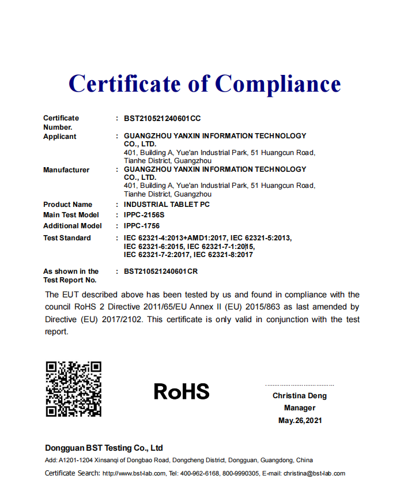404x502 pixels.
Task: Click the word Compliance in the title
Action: point(278,84)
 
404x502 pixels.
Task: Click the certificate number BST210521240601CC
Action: point(163,118)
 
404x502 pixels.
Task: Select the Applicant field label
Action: point(60,137)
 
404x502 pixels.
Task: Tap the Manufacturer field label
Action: point(66,170)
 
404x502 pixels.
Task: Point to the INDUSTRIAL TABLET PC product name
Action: point(167,205)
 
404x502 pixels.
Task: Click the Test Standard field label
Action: point(67,238)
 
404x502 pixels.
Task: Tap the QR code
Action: point(73,388)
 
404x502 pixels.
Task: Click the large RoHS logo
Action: point(182,392)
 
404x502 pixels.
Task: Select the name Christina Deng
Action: point(300,396)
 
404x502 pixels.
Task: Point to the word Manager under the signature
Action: point(300,408)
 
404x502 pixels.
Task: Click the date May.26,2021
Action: point(300,420)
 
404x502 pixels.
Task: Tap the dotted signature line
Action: point(300,385)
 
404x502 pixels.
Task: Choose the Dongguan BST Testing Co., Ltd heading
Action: point(104,448)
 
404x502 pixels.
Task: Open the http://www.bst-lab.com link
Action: point(131,474)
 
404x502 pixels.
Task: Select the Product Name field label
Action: point(67,205)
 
